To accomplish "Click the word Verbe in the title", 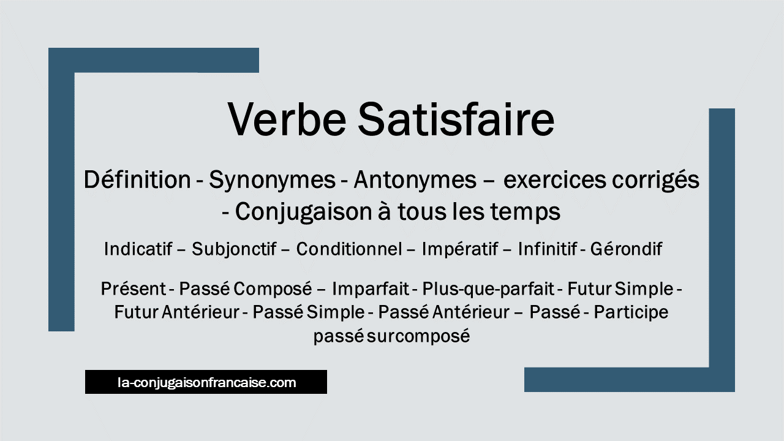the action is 287,119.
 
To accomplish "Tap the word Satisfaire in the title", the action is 456,119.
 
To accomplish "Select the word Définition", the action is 137,179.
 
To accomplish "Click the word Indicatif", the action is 138,249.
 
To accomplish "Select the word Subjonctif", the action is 234,249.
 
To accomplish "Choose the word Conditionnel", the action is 349,249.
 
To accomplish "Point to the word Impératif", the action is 460,249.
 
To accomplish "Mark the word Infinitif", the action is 548,249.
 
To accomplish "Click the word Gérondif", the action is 626,249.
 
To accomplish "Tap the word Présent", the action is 134,288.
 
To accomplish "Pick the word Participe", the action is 631,312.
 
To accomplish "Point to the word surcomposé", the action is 418,336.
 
